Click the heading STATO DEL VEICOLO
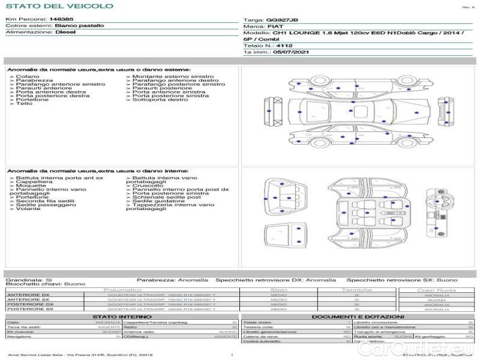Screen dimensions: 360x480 [59, 6]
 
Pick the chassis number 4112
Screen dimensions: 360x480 [285, 45]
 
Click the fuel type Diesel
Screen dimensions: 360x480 [65, 32]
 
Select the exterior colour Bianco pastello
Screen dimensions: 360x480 [79, 26]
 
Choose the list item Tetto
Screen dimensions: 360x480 [24, 104]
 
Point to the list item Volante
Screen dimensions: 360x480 [28, 209]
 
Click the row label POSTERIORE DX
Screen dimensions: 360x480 [29, 304]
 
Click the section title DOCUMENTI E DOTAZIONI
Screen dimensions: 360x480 [358, 316]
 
